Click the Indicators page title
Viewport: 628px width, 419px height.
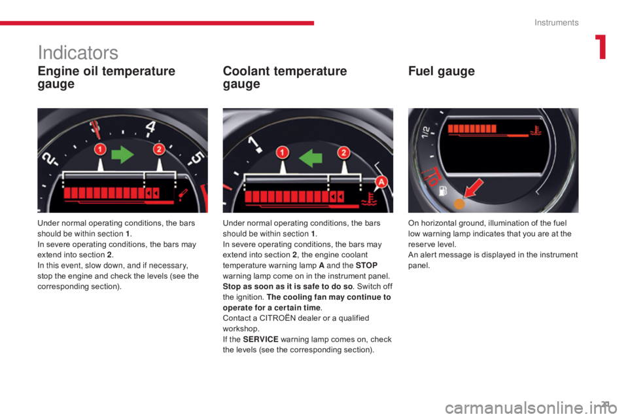pos(78,52)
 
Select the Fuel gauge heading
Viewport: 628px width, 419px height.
pos(442,71)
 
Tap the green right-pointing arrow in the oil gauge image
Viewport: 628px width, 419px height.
pos(122,155)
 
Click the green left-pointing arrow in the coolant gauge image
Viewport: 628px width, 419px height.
pos(311,158)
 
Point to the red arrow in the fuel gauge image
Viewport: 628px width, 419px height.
pos(474,188)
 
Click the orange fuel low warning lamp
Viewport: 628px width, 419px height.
pos(459,204)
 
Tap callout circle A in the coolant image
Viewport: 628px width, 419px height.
pos(381,181)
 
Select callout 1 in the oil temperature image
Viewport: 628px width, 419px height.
pos(99,149)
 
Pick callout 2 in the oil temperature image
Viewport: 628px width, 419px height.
pos(159,149)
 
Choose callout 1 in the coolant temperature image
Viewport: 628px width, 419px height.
pos(283,153)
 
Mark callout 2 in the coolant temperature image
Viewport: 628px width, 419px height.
pos(343,153)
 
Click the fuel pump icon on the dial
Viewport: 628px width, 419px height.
pos(443,191)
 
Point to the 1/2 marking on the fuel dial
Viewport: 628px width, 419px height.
pos(426,132)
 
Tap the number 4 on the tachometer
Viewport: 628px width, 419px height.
pos(150,127)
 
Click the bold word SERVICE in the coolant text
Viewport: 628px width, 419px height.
pos(261,339)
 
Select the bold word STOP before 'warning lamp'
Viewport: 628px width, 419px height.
pos(366,265)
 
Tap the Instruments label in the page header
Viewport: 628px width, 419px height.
pos(556,22)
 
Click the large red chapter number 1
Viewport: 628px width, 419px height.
pos(601,47)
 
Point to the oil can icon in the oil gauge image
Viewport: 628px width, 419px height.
pos(183,194)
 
